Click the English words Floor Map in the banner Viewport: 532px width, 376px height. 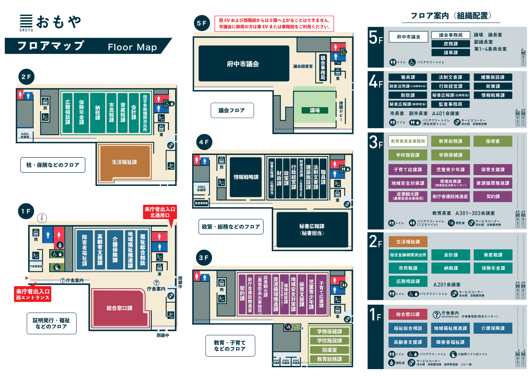pos(132,47)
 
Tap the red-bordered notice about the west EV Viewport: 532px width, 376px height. pos(274,24)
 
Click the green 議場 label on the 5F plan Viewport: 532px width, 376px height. pos(315,110)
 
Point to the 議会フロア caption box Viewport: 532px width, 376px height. pos(232,110)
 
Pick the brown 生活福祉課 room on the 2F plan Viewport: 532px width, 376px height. pos(124,162)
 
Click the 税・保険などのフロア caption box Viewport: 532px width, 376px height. pos(53,165)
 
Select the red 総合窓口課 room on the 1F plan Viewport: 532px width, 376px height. pos(119,308)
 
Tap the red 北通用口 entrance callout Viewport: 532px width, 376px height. pos(160,212)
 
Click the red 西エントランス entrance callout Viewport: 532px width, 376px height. pos(32,294)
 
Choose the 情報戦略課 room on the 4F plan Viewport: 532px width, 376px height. pos(246,177)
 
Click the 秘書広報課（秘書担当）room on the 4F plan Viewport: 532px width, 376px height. pos(312,229)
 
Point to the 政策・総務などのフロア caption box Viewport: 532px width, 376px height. pos(231,227)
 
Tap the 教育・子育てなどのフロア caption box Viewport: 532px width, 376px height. pos(230,346)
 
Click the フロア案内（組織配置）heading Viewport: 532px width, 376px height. pos(451,16)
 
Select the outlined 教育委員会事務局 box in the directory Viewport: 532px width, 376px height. pos(408,141)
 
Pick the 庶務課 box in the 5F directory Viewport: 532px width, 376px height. pos(451,44)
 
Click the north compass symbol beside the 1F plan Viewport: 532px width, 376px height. pos(42,218)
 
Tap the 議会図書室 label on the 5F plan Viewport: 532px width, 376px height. pos(303,66)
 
